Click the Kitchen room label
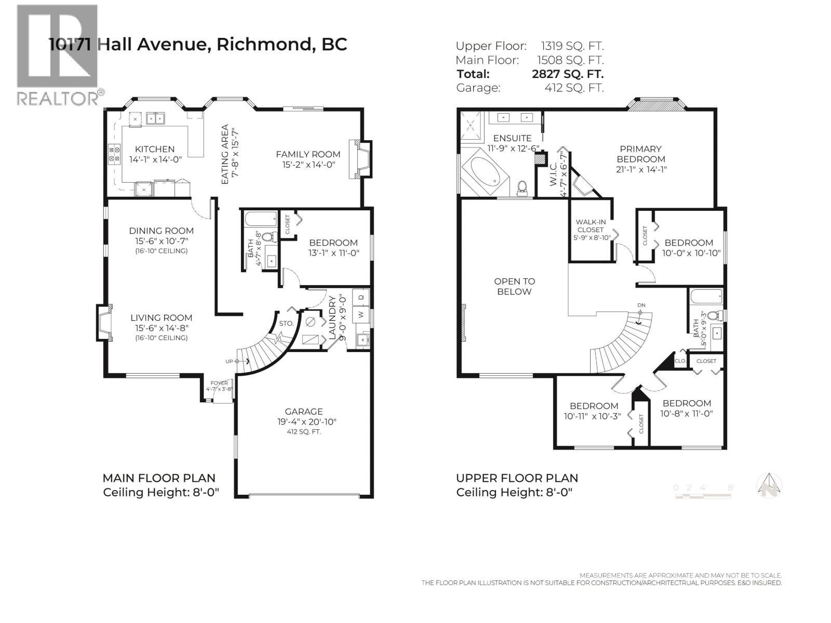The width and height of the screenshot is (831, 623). (x=155, y=149)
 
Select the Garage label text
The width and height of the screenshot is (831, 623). (x=304, y=411)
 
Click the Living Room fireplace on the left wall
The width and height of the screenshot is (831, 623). (x=104, y=323)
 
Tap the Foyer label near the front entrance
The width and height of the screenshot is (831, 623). (x=219, y=383)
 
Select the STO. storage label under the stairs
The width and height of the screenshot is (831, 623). (x=286, y=323)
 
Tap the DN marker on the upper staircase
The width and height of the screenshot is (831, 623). (x=641, y=305)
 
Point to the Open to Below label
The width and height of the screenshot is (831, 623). (x=514, y=286)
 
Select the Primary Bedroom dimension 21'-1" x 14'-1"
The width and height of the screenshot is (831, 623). (x=641, y=169)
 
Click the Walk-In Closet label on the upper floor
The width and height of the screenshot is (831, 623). (x=591, y=226)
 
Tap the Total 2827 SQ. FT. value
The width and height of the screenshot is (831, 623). (x=568, y=74)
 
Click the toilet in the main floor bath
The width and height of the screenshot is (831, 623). (x=268, y=238)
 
